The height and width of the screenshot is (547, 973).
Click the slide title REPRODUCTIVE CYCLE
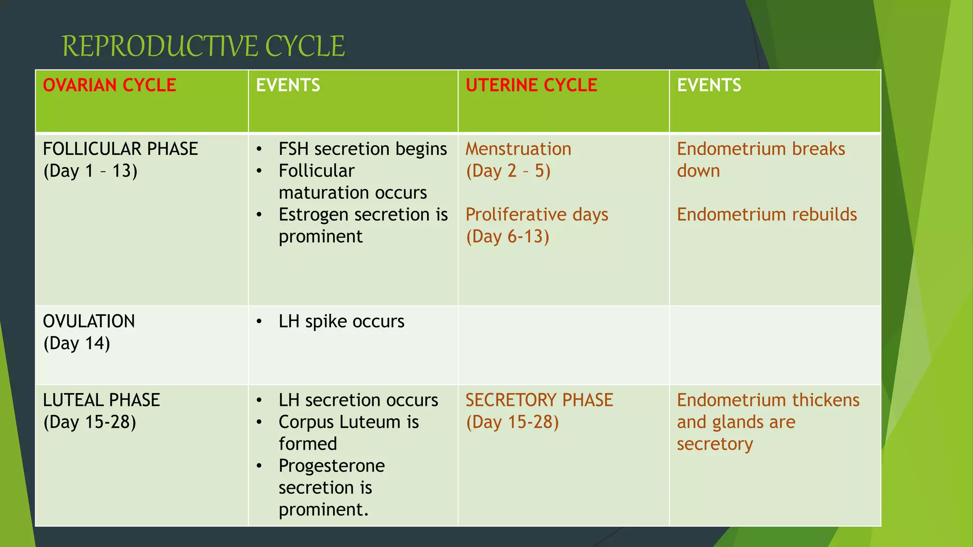(x=203, y=47)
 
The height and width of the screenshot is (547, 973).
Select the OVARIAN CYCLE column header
(x=109, y=85)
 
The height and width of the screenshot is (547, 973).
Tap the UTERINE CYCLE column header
(x=531, y=85)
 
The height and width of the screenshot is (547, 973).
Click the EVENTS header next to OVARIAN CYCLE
(x=288, y=85)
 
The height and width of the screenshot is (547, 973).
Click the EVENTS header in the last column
(x=709, y=85)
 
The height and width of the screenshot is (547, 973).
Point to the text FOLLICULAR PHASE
(x=120, y=149)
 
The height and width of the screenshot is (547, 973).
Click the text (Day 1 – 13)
(x=90, y=171)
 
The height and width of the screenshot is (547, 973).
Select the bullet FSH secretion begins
(x=362, y=149)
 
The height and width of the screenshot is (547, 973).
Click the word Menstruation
(x=518, y=149)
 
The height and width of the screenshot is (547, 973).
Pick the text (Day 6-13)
(x=507, y=236)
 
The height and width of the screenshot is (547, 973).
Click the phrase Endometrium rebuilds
(x=767, y=215)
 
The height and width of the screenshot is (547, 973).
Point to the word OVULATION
(x=89, y=321)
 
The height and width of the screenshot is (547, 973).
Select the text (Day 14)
(x=76, y=343)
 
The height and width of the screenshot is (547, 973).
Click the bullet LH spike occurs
(x=341, y=321)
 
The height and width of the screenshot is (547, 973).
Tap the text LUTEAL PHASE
(x=101, y=400)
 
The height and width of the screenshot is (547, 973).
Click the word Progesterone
(x=332, y=466)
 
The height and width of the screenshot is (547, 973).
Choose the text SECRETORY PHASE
(x=539, y=400)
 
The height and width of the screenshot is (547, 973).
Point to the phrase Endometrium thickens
(x=768, y=400)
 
